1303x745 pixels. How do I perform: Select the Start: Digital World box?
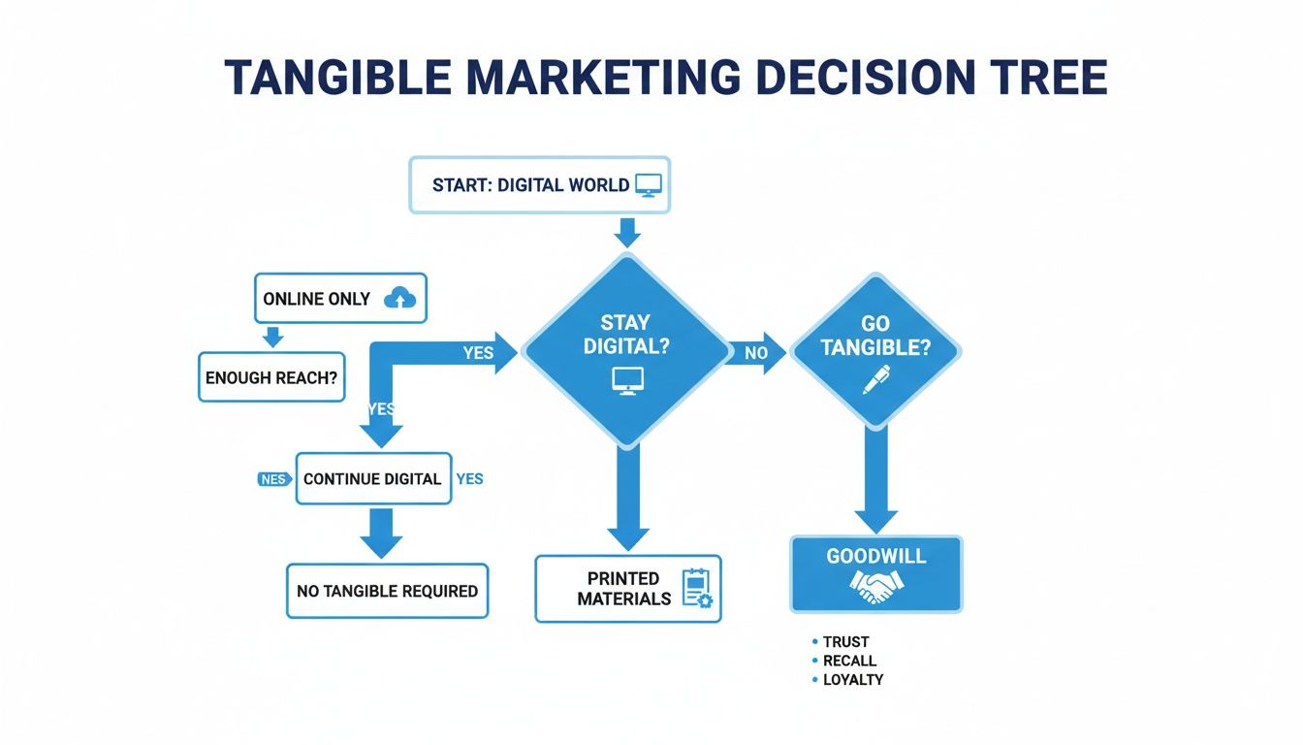539,184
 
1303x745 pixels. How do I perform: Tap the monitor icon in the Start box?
648,185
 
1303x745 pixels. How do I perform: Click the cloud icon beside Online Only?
399,299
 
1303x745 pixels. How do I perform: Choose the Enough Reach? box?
271,377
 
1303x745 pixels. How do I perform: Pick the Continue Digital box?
373,479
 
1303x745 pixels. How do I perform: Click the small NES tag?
272,479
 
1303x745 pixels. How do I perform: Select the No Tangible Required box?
387,591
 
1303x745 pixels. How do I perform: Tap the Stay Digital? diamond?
624,349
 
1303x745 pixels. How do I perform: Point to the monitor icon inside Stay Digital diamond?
625,381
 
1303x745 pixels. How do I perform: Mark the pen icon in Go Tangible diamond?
874,379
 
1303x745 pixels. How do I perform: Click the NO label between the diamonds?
756,354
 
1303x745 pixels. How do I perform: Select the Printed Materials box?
627,589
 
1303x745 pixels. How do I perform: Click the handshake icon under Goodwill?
876,586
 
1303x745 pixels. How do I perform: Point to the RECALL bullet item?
849,661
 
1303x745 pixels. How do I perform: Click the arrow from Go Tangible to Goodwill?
876,480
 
